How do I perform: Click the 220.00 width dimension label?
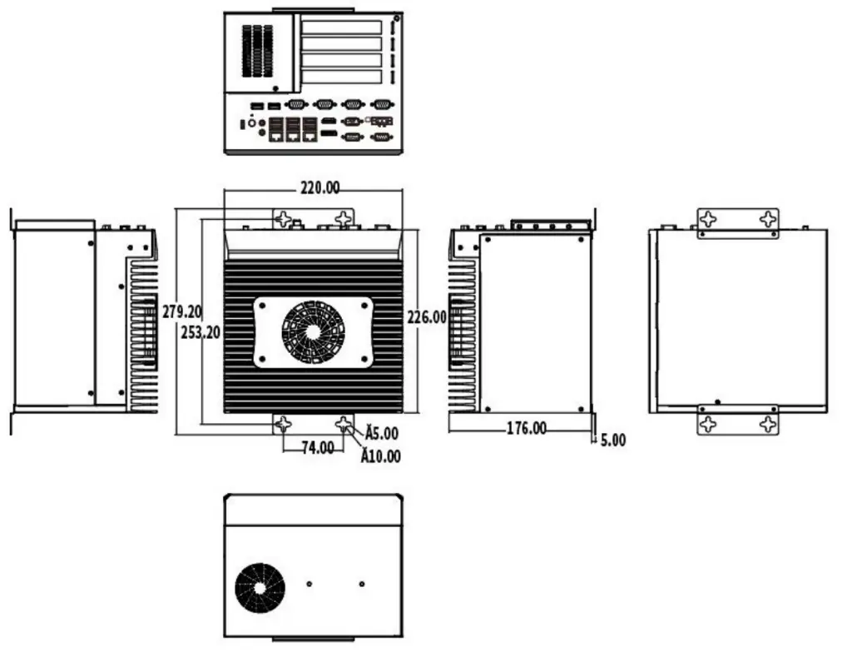point(319,188)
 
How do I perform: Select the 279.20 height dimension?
point(182,312)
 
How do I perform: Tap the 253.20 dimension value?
point(200,331)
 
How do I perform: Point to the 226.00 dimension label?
point(426,317)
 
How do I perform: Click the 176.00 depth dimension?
point(526,429)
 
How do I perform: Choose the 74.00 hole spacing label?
point(317,448)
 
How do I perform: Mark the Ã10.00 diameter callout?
point(380,456)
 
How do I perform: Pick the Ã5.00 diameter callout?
point(380,434)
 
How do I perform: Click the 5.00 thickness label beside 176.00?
point(613,440)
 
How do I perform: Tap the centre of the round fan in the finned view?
point(313,331)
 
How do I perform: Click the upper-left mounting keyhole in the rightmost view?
point(707,219)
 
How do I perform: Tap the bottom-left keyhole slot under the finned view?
point(283,423)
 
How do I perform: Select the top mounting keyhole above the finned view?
point(284,220)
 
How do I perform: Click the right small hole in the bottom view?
point(361,583)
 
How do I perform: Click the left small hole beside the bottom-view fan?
point(310,583)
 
